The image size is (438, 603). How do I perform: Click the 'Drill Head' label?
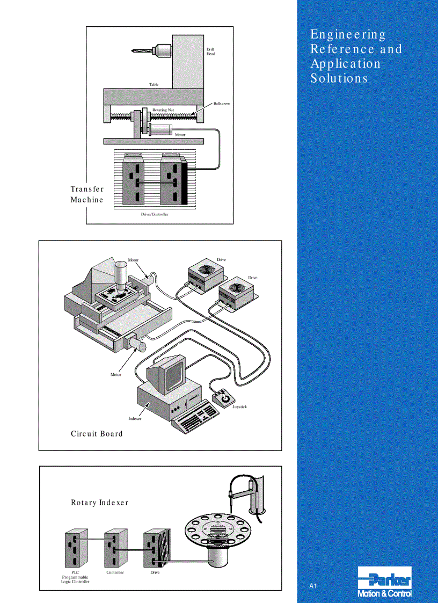point(211,52)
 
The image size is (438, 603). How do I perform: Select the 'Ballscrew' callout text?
point(221,103)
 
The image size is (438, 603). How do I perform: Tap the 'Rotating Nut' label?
point(163,110)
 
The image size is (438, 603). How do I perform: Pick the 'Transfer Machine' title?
point(87,194)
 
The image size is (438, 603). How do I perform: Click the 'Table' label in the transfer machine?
point(154,84)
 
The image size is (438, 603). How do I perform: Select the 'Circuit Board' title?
point(97,434)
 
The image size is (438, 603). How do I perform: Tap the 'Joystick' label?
point(239,407)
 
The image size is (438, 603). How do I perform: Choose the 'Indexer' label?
point(135,418)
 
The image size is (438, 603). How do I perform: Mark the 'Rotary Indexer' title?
point(100,503)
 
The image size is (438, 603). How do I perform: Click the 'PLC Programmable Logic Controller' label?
point(75,577)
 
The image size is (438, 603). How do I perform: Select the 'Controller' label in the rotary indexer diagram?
point(115,572)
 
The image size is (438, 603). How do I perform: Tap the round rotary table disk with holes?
point(217,529)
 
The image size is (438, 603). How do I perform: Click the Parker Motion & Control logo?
point(384,582)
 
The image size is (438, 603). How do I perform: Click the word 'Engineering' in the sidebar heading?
point(348,34)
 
